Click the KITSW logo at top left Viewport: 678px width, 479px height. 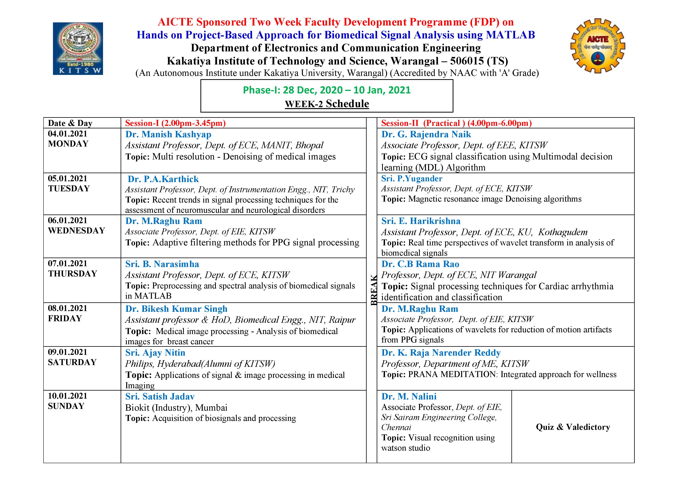78,49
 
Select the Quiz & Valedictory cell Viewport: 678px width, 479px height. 573,427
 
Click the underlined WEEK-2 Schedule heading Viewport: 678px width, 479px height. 327,104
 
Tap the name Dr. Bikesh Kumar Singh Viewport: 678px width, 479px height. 176,309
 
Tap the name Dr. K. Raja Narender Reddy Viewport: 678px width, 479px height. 441,353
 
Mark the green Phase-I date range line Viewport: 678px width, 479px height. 327,90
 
